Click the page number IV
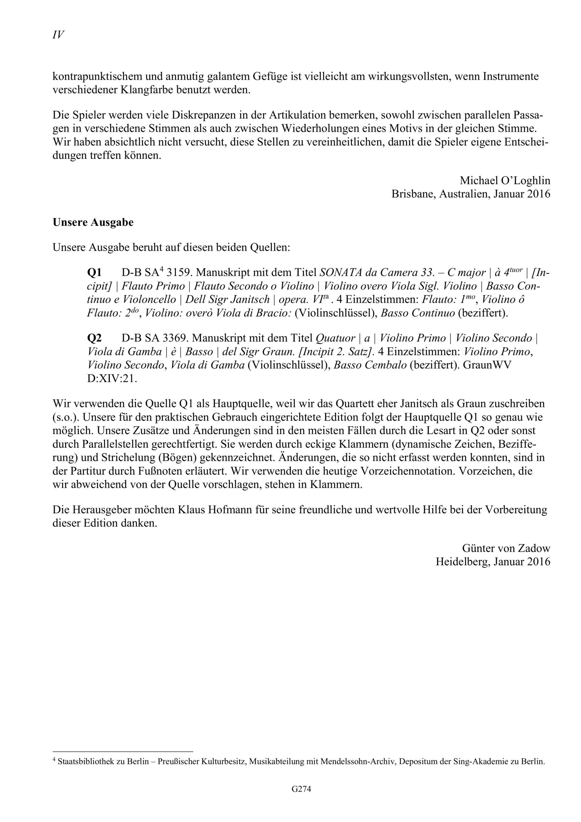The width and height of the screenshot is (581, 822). tap(58, 35)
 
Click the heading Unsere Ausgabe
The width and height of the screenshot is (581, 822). tap(93, 222)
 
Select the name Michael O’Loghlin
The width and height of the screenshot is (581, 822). tap(505, 180)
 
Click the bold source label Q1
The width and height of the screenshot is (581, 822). tap(94, 273)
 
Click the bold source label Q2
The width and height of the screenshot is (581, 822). tap(94, 338)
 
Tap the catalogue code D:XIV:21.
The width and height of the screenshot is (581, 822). tap(112, 379)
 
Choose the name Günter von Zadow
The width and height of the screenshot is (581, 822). tap(506, 548)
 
